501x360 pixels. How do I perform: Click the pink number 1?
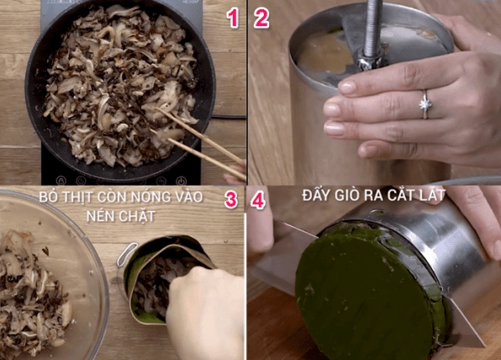(x=233, y=18)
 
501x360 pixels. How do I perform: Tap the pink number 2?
(x=261, y=18)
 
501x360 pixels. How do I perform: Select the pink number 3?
(x=230, y=199)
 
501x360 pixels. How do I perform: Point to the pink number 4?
(x=258, y=201)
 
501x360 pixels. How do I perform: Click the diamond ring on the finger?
(x=425, y=104)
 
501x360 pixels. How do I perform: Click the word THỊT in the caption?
(x=77, y=197)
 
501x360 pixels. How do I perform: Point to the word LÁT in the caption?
(x=432, y=194)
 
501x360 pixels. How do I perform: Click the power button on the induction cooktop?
(x=181, y=181)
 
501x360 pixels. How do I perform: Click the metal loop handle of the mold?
(x=127, y=254)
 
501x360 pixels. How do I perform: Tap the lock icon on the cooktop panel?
(x=61, y=181)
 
